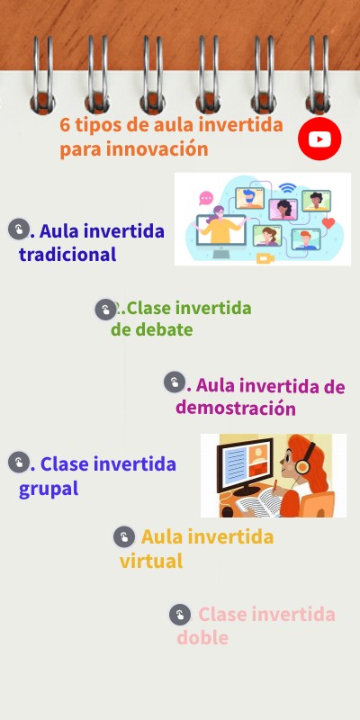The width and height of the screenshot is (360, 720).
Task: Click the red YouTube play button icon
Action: (319, 139)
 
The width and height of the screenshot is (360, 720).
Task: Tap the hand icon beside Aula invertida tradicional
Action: (18, 229)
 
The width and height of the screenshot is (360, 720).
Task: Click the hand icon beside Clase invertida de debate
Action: (105, 310)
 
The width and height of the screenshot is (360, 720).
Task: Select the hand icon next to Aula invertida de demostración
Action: (174, 382)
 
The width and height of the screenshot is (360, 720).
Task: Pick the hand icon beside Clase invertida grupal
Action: (18, 463)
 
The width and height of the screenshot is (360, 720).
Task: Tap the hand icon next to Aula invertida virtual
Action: (123, 537)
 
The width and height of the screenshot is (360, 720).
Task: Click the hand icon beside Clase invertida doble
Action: (180, 614)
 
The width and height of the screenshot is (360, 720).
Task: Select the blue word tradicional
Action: (67, 254)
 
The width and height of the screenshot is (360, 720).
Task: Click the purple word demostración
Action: (236, 408)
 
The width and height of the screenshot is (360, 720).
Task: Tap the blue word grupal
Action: (49, 489)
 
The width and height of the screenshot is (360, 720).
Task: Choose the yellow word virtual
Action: (151, 561)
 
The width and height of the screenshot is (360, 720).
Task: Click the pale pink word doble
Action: (202, 638)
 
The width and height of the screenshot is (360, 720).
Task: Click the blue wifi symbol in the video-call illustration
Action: (287, 188)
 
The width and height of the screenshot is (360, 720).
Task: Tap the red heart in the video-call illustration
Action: (328, 223)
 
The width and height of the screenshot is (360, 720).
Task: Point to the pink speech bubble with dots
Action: (206, 197)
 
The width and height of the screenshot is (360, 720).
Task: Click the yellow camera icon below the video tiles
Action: (265, 258)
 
